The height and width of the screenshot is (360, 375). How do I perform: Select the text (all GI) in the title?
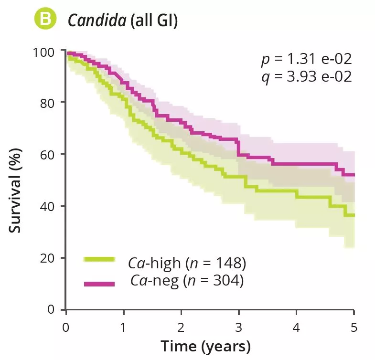point(153,21)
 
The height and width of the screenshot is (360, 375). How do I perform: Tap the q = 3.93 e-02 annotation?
point(306,76)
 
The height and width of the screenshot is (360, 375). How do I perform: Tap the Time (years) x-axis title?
point(205,346)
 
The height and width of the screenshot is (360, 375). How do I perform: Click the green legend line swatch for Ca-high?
point(99,259)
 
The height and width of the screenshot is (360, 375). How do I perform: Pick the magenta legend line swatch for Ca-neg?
point(99,284)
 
